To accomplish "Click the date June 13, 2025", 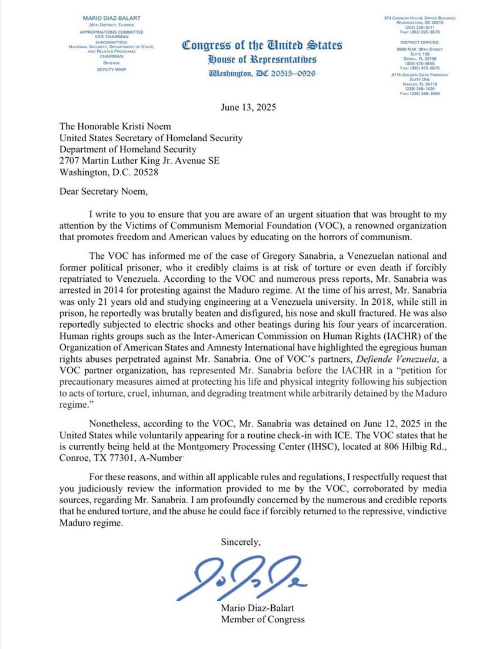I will pos(248,108).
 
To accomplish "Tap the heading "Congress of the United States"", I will pos(262,45).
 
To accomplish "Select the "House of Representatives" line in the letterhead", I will pos(262,59).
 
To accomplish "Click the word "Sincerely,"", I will pos(240,541).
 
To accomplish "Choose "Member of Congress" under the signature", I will pos(262,619).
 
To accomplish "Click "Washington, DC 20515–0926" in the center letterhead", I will pos(261,74).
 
